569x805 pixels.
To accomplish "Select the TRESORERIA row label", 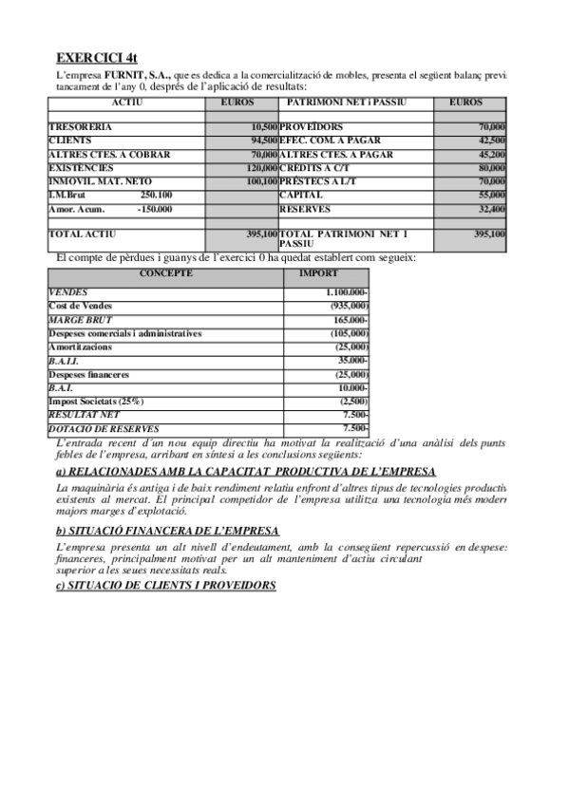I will point(80,126).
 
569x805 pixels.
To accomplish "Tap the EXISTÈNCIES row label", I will point(83,167).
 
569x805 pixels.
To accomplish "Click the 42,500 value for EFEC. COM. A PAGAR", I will point(491,140).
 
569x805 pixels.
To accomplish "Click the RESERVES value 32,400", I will point(491,209).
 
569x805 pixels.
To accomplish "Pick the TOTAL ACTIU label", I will point(84,234).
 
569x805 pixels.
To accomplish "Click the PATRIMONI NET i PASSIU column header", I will point(355,102).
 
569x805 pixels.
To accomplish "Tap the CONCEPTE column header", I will point(165,273).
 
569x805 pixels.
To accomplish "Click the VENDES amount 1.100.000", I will point(346,293).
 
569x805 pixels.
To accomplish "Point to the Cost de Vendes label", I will point(80,307).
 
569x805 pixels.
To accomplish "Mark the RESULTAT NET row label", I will point(84,416).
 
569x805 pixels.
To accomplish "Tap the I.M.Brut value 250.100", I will point(156,195).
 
